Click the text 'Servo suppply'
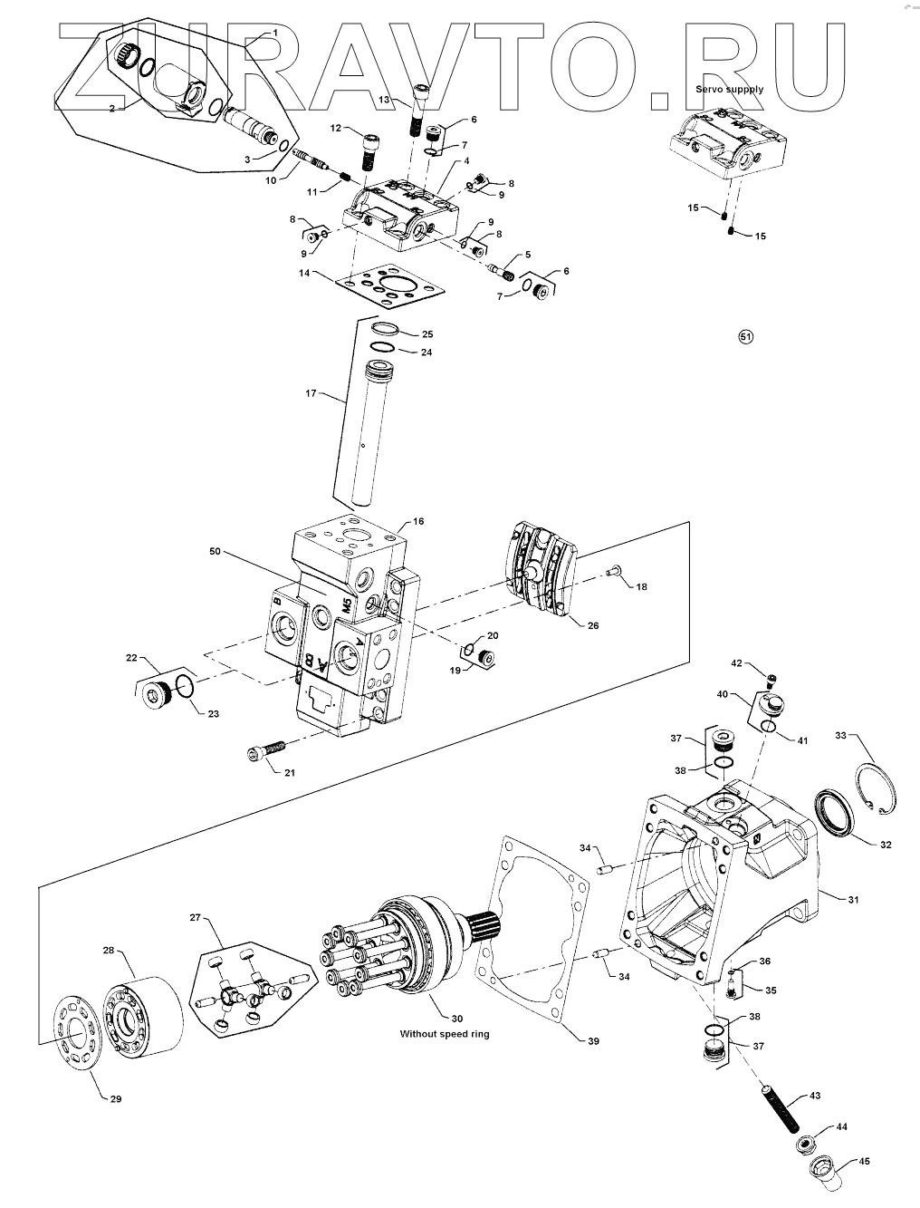pyautogui.click(x=729, y=89)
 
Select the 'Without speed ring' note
pyautogui.click(x=445, y=1034)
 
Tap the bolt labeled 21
pyautogui.click(x=266, y=751)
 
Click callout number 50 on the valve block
pyautogui.click(x=215, y=552)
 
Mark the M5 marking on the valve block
pyautogui.click(x=346, y=604)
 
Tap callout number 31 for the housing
pyautogui.click(x=853, y=900)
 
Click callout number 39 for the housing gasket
pyautogui.click(x=592, y=1041)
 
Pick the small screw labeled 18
pyautogui.click(x=613, y=571)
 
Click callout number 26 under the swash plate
pyautogui.click(x=592, y=625)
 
